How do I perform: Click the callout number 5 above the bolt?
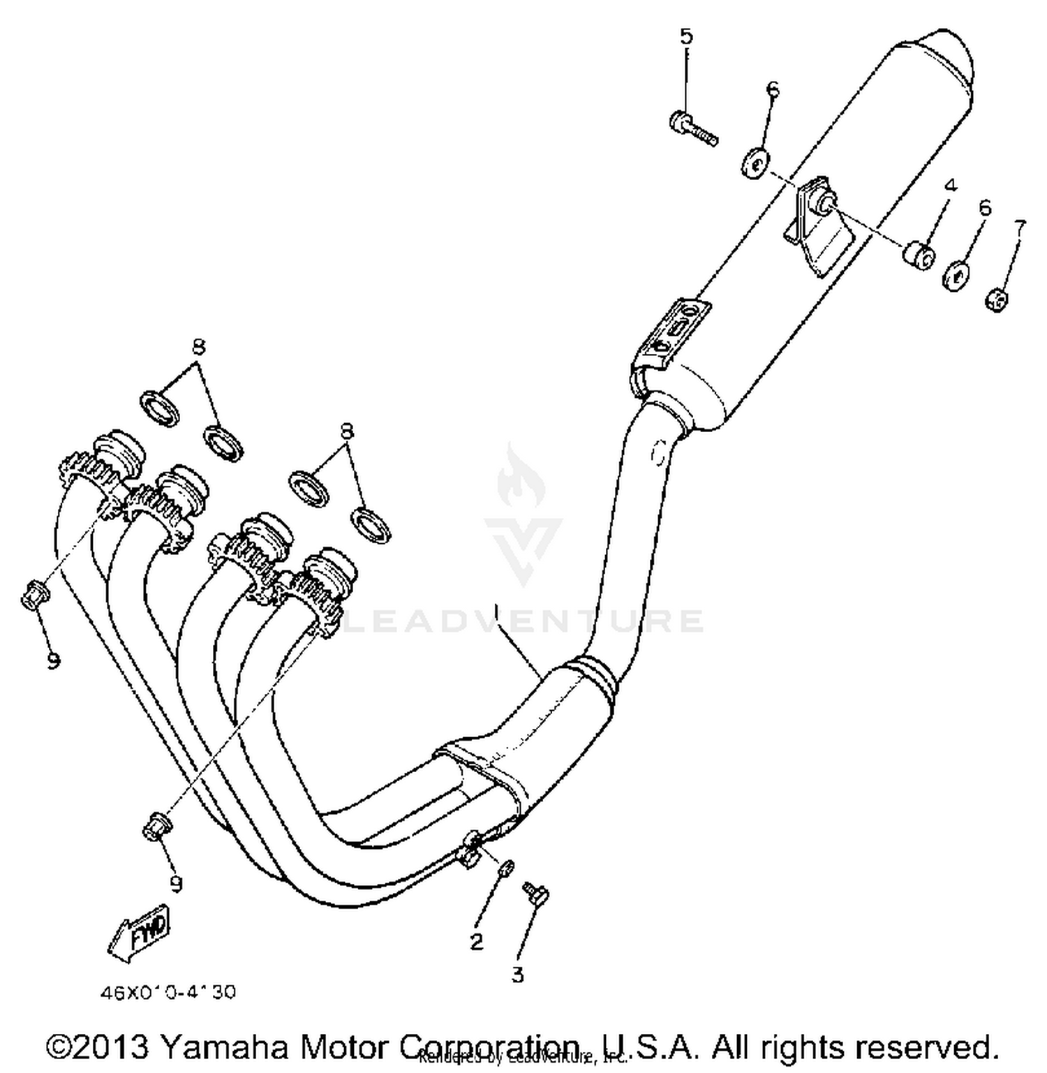coord(687,36)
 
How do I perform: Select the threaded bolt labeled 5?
coord(692,130)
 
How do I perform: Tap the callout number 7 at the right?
coord(1020,227)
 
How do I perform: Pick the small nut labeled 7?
coord(997,301)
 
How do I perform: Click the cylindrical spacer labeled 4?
coord(919,256)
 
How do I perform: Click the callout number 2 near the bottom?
coord(477,942)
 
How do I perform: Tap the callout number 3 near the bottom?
coord(517,975)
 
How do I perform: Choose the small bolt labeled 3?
coord(536,894)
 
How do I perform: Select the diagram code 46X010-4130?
coord(168,992)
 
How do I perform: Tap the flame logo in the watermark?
coord(520,478)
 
